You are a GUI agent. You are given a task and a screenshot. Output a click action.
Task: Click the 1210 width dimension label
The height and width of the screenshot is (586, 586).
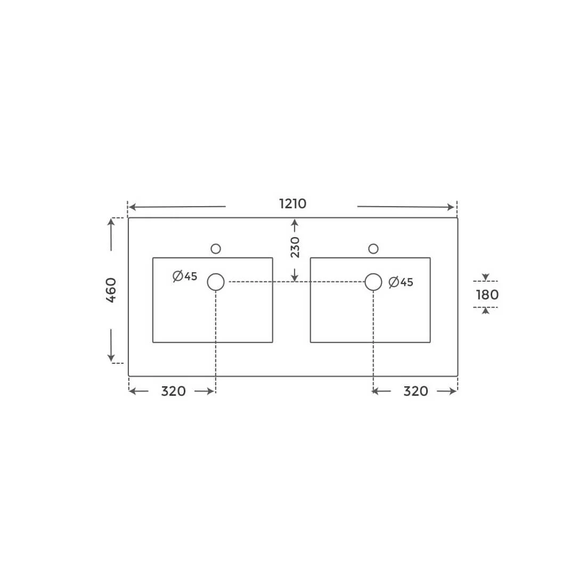pos(292,204)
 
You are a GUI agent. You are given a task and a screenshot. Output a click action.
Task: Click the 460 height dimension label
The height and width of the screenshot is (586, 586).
pos(111,290)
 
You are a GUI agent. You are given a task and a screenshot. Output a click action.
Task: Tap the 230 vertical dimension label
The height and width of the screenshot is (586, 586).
pos(295,247)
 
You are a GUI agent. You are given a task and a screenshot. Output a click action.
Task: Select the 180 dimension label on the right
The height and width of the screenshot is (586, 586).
pos(487,295)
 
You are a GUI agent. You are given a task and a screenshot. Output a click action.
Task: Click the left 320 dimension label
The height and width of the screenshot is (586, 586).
pos(174,392)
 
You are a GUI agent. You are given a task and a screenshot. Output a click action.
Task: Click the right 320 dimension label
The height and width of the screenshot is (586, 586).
pos(416,392)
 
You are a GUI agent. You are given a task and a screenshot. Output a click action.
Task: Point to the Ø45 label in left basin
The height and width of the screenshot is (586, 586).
pos(185,276)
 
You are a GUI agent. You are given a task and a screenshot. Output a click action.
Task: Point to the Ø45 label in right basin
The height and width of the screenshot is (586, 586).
pos(401,282)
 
